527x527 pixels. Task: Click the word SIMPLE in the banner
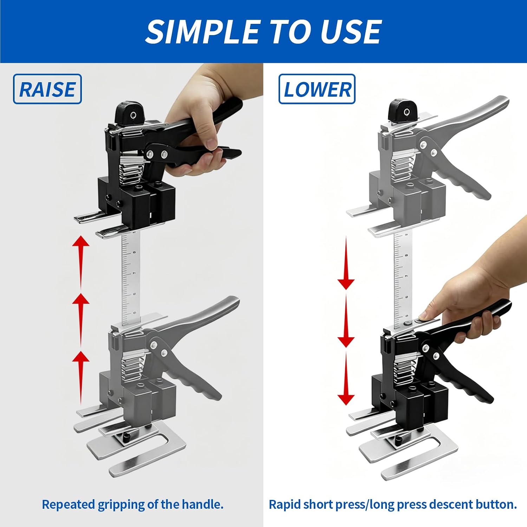pyautogui.click(x=203, y=32)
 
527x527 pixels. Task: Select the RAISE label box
pyautogui.click(x=47, y=89)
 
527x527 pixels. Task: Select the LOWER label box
pyautogui.click(x=317, y=89)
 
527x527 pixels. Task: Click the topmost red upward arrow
pyautogui.click(x=81, y=262)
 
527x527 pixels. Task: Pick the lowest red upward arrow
pyautogui.click(x=81, y=378)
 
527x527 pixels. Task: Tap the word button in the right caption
pyautogui.click(x=496, y=504)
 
